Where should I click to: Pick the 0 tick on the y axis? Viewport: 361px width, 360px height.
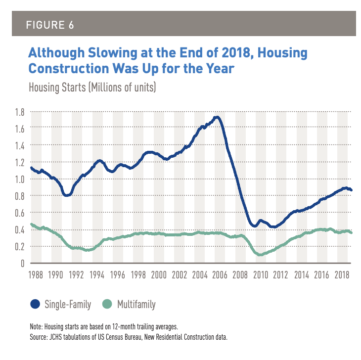22,263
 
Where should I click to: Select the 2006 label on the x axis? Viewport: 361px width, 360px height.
221,273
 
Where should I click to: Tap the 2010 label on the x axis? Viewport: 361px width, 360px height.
262,273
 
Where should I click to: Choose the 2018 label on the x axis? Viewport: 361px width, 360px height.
345,273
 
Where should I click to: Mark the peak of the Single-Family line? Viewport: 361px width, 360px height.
216,118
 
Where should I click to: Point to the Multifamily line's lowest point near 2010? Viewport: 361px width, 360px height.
260,255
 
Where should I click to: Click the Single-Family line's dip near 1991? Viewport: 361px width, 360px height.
67,195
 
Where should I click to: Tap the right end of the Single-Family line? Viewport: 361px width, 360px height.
351,190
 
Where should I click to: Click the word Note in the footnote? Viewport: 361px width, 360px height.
36,328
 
